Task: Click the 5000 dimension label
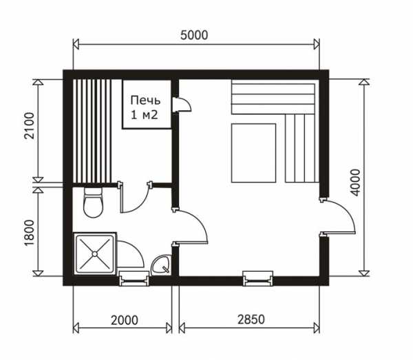[x=194, y=35]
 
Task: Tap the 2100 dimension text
[x=29, y=125]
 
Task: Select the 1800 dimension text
[x=29, y=233]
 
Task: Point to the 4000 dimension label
[x=356, y=182]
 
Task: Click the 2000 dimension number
[x=125, y=320]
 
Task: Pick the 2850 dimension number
[x=251, y=319]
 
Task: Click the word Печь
[x=145, y=100]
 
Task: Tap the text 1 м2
[x=145, y=115]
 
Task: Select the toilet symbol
[x=93, y=202]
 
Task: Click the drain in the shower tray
[x=94, y=253]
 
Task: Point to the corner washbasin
[x=161, y=265]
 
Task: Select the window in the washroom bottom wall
[x=134, y=279]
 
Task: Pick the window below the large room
[x=257, y=279]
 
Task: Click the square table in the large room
[x=253, y=153]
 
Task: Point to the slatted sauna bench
[x=92, y=131]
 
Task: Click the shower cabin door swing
[x=130, y=254]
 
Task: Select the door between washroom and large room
[x=190, y=226]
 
